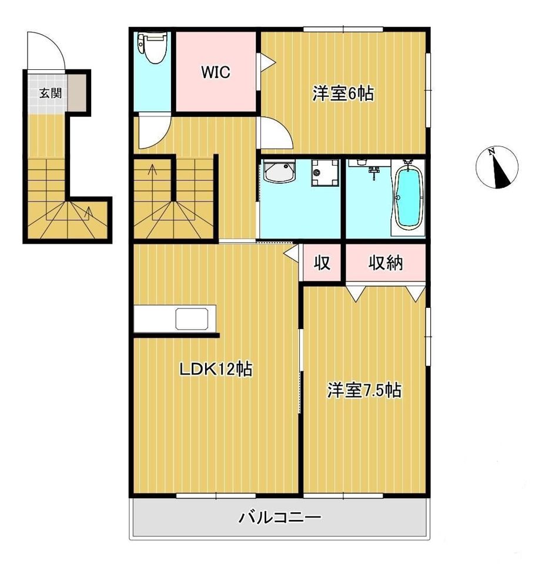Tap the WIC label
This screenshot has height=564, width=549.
click(216, 72)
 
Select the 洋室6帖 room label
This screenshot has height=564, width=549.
click(343, 93)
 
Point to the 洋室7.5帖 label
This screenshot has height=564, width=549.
click(364, 390)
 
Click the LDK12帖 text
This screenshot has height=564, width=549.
click(216, 369)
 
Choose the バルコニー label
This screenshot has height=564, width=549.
click(280, 518)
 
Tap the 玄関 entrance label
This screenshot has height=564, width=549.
click(51, 93)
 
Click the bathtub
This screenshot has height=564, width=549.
click(408, 198)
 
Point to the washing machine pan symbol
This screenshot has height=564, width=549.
click(325, 173)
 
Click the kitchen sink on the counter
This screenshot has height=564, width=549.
click(192, 318)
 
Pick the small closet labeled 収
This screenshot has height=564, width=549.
click(322, 263)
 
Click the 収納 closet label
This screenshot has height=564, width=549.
click(386, 263)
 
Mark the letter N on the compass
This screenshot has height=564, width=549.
click(491, 152)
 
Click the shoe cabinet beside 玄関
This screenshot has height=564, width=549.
click(77, 93)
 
